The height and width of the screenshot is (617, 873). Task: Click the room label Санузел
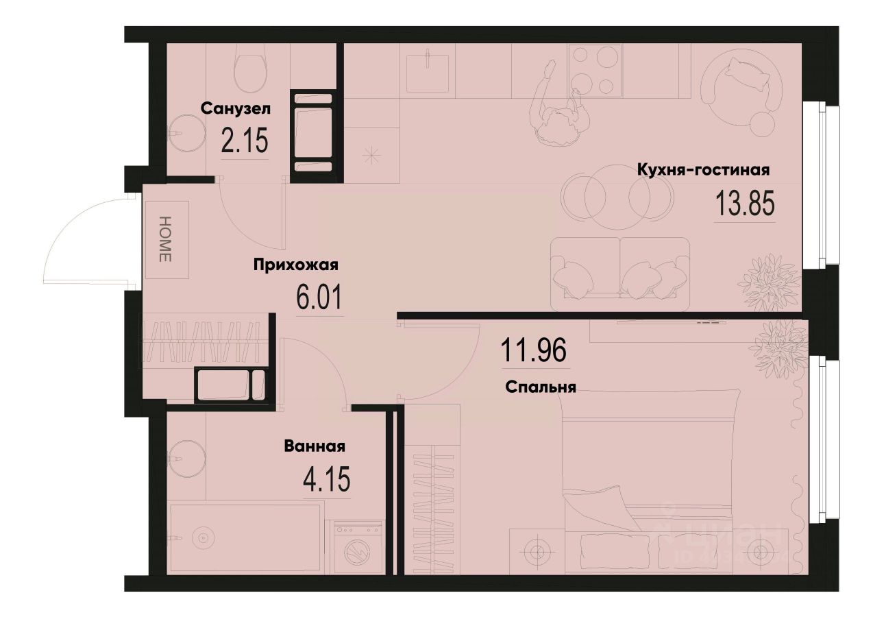[x=236, y=108]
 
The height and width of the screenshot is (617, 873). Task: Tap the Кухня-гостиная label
[x=704, y=169]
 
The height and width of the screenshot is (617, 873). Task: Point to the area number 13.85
[x=744, y=203]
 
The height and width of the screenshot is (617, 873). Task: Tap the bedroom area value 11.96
[x=535, y=352]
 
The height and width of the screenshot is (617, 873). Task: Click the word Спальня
[x=541, y=387]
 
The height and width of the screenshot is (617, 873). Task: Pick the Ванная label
[x=315, y=446]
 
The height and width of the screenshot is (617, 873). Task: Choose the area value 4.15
[x=326, y=479]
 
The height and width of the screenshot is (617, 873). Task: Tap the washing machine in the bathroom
[x=358, y=548]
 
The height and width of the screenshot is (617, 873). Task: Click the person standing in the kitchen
[x=561, y=110]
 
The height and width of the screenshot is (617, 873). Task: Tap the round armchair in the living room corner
[x=743, y=87]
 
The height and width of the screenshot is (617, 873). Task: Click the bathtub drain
[x=202, y=537]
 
